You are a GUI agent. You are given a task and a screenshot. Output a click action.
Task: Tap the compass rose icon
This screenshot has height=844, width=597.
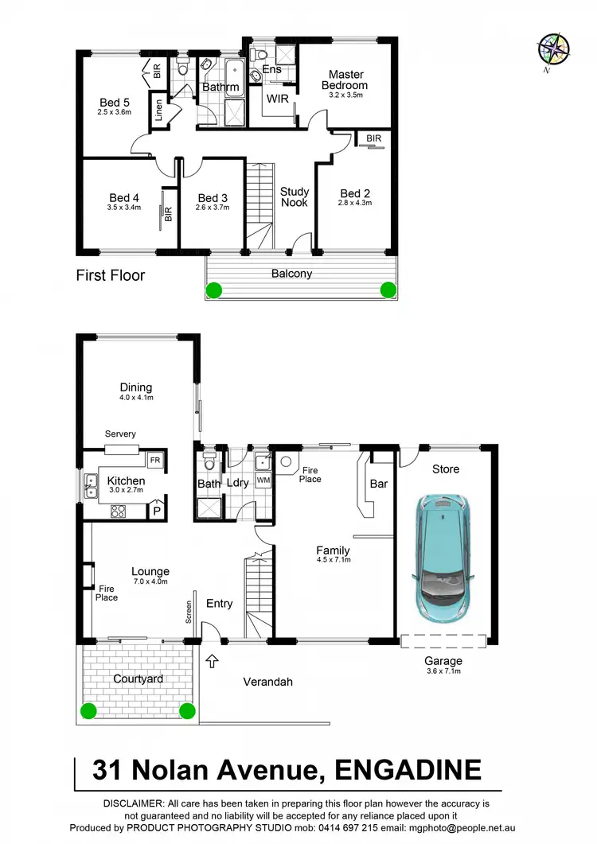click(552, 49)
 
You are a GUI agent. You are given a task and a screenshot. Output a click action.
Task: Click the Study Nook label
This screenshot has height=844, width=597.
click(294, 197)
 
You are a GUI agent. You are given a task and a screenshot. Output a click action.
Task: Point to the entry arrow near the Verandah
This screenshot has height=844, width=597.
click(212, 659)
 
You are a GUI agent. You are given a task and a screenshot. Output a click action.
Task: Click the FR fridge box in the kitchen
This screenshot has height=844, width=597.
click(154, 461)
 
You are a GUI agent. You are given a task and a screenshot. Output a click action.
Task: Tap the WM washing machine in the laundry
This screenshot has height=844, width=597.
click(263, 480)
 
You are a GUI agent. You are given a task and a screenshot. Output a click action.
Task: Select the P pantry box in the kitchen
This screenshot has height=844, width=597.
click(157, 510)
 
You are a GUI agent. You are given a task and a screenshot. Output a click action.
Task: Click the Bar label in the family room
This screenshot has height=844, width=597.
click(379, 483)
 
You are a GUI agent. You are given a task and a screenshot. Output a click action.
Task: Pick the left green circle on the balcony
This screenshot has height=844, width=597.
click(213, 290)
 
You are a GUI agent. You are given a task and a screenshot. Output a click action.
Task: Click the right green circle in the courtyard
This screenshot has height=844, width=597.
click(187, 710)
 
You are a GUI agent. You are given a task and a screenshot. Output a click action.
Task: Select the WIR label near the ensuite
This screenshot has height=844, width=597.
click(277, 99)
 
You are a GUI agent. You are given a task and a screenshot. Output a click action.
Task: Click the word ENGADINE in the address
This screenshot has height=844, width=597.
click(408, 770)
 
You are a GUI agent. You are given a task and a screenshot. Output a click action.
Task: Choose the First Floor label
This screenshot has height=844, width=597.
click(111, 276)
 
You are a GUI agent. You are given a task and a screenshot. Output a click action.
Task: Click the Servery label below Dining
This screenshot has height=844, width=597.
click(120, 434)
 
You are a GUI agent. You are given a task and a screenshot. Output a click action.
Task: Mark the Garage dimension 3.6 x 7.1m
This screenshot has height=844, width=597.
click(443, 671)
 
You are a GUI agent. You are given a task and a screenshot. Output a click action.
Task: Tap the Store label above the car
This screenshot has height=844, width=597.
click(446, 469)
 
